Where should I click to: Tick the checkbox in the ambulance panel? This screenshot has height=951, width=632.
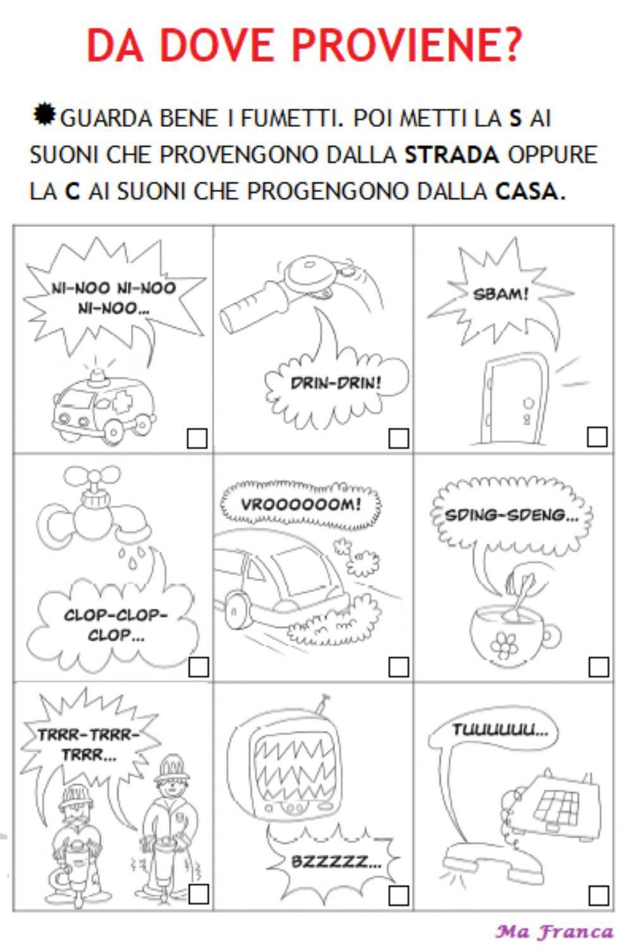click(x=197, y=439)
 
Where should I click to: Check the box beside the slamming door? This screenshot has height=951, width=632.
click(x=597, y=437)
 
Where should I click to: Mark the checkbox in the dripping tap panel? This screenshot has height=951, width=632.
click(x=198, y=667)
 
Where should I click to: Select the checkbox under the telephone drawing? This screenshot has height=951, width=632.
click(x=598, y=895)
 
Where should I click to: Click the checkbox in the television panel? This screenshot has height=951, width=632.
click(x=398, y=895)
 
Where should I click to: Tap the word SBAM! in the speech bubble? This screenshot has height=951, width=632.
click(x=501, y=294)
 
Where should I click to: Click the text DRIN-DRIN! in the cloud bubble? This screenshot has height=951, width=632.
click(x=336, y=383)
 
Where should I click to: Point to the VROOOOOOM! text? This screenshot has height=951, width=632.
click(x=301, y=505)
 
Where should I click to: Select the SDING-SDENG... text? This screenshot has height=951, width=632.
click(x=511, y=515)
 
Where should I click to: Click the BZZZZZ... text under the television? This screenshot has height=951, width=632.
click(x=336, y=861)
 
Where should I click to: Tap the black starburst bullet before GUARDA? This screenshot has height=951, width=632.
click(x=44, y=115)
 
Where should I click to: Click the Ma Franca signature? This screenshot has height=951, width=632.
click(x=554, y=931)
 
